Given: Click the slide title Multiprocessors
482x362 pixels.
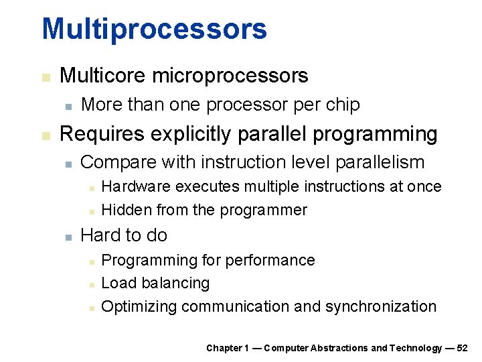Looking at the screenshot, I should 154,29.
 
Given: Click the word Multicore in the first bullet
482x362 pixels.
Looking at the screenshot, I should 103,76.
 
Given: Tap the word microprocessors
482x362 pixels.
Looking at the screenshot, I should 230,76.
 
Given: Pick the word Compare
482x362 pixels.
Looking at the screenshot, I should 112,162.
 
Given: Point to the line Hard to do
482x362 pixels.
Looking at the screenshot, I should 124,235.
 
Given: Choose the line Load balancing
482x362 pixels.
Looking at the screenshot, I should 155,284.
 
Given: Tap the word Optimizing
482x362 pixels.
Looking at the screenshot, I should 139,307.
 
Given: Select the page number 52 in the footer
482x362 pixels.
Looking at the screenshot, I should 462,348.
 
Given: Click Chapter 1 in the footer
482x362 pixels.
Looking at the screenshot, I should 228,348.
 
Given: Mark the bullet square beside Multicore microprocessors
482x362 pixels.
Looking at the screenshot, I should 45,77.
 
